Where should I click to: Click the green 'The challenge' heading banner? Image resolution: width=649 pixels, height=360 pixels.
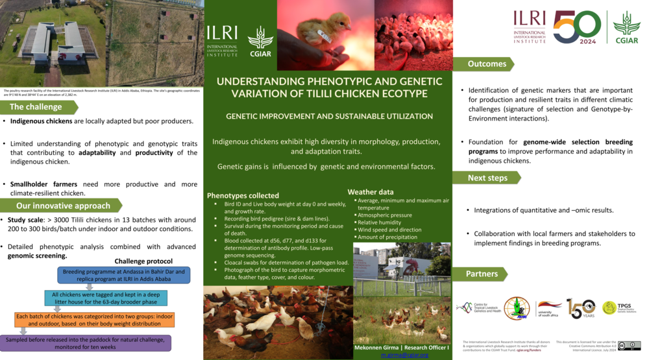[36, 107]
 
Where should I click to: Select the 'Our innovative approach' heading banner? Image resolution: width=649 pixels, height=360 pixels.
[62, 206]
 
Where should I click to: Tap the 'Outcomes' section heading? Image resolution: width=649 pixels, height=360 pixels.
[487, 64]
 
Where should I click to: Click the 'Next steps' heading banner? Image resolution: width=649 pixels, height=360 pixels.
[487, 178]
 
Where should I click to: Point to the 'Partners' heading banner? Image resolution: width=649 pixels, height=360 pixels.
[482, 274]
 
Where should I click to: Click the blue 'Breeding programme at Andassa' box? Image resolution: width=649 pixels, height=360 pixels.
[123, 275]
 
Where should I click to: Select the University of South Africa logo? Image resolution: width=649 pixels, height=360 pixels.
[549, 308]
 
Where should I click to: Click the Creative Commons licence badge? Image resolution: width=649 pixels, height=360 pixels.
[629, 346]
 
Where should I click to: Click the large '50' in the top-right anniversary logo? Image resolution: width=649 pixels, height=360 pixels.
[576, 27]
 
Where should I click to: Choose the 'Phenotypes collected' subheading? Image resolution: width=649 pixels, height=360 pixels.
[243, 195]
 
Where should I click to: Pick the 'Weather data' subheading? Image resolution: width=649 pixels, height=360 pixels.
[370, 192]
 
